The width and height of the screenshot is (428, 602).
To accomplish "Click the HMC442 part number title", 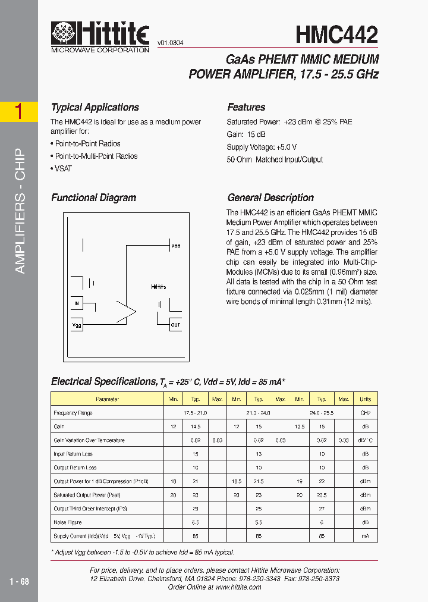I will tap(336, 35).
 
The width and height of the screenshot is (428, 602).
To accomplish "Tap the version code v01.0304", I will tap(170, 43).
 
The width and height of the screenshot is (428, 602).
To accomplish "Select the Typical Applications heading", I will tap(95, 108).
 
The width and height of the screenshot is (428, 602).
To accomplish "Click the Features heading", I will tap(246, 108).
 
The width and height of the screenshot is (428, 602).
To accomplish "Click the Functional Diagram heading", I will tap(93, 198).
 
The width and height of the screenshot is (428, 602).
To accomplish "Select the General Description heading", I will tap(270, 198).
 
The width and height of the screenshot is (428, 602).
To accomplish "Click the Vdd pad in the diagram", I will tap(175, 245).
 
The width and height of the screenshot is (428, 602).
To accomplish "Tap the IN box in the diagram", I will tap(77, 304).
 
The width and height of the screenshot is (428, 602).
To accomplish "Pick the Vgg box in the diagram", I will tap(77, 325).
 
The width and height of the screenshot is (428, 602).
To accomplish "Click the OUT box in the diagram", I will tap(175, 325).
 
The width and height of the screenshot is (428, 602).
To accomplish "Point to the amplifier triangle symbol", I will tap(126, 310).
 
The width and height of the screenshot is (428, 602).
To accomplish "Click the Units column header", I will tap(365, 399).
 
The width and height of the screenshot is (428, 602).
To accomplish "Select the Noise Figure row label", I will tap(67, 523).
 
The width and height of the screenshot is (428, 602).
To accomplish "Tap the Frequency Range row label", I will tap(73, 413).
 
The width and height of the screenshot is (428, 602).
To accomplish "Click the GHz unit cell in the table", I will tap(365, 413).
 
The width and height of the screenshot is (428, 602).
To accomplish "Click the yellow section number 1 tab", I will tap(19, 112).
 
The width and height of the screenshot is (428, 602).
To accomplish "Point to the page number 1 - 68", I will tap(19, 581).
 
